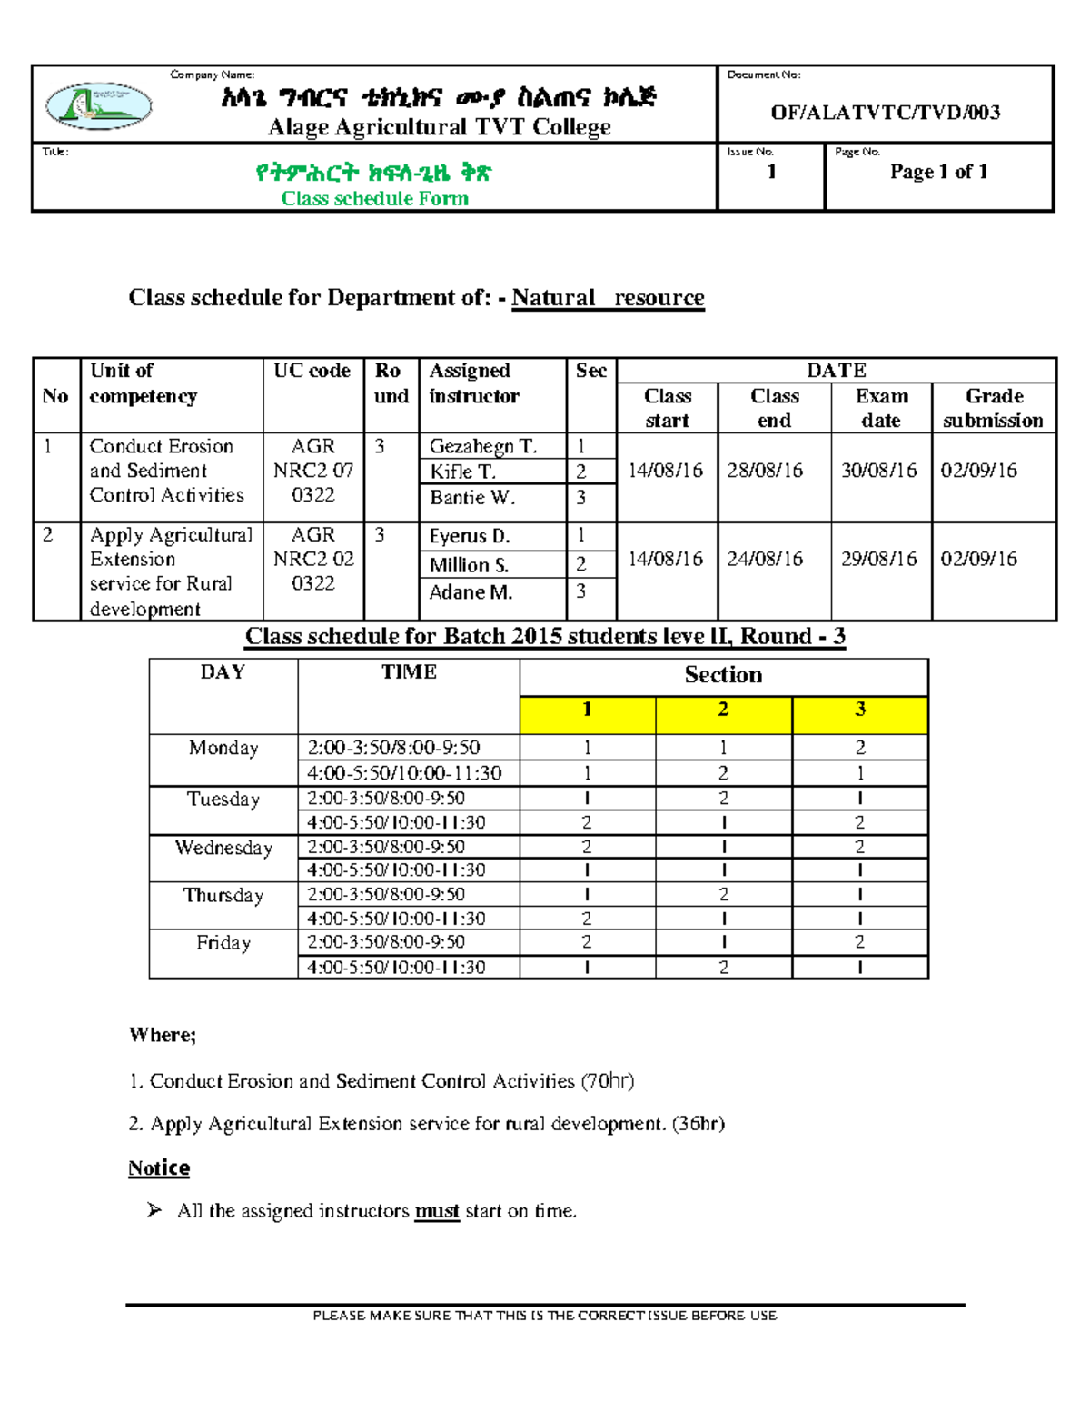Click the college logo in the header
coord(98,105)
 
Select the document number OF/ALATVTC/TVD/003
coord(885,113)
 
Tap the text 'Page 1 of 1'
coord(938,172)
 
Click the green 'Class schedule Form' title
coord(374,199)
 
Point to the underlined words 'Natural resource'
coord(608,298)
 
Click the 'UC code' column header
coord(312,371)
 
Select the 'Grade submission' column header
coord(994,408)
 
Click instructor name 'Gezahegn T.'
coord(482,446)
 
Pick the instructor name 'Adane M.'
coord(471,592)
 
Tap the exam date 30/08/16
coord(878,471)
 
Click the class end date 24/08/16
coord(765,559)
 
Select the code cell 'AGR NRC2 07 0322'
coord(313,471)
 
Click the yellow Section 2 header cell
coord(723,710)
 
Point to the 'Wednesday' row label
coord(223,848)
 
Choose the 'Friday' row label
coord(223,943)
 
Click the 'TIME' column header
coord(409,672)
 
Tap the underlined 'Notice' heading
coord(159,1168)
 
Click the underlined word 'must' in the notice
coord(437,1211)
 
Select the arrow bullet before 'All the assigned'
coord(154,1210)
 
